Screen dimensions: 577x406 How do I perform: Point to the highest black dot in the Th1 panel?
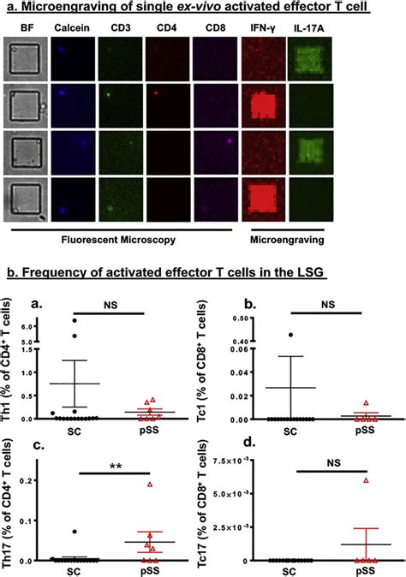click(x=75, y=320)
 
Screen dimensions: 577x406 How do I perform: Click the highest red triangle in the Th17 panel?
click(x=150, y=485)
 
